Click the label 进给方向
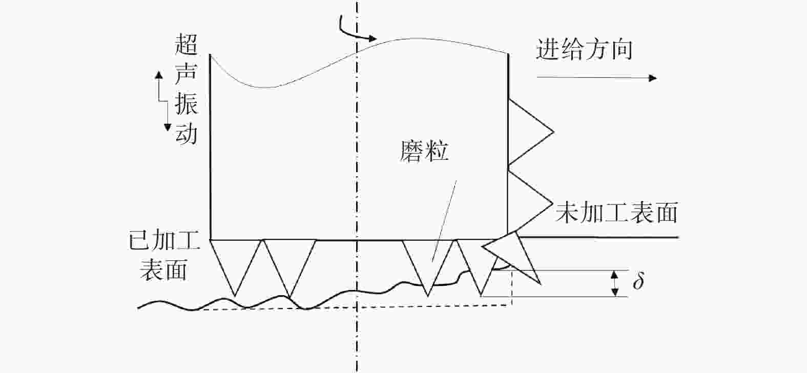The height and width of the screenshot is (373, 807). tap(584, 49)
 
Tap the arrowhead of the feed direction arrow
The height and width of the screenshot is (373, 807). tap(652, 78)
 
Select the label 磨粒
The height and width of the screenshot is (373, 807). tap(424, 151)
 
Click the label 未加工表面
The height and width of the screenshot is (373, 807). tap(617, 212)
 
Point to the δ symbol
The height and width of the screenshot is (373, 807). tap(638, 281)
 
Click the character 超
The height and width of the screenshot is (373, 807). tap(186, 45)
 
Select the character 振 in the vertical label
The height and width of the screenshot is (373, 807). tap(186, 104)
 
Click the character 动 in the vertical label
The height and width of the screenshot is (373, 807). tap(186, 133)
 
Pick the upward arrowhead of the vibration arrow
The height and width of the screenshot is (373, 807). tap(158, 74)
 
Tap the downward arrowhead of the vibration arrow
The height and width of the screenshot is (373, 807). tap(168, 127)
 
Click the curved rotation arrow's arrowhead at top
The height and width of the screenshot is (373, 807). tap(373, 38)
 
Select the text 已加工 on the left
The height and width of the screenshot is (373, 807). tap(164, 240)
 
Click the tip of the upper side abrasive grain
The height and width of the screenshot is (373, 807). tap(553, 132)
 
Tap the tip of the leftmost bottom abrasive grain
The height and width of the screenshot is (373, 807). tap(235, 296)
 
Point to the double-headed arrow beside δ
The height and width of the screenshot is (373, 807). tap(615, 283)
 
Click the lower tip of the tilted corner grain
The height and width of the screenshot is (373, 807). tap(541, 284)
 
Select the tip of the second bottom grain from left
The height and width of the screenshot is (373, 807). tap(290, 298)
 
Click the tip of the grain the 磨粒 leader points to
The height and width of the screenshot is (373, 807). tap(428, 296)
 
